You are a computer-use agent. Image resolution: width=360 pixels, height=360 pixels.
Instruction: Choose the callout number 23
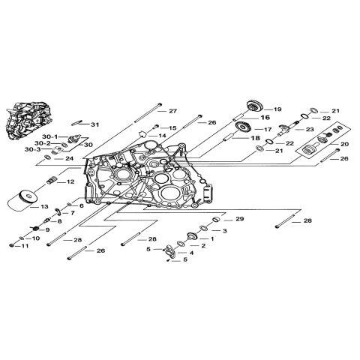point(310,129)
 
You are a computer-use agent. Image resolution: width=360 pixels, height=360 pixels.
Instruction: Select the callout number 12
point(70,182)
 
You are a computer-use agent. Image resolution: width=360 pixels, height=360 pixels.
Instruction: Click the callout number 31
point(94,124)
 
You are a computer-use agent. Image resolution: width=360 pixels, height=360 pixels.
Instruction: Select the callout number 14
point(161,136)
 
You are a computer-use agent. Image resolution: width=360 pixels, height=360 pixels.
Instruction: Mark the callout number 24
point(70,158)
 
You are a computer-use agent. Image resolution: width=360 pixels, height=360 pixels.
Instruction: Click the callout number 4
point(191,253)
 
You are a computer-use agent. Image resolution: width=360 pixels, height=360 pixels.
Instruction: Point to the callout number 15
point(172,128)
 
